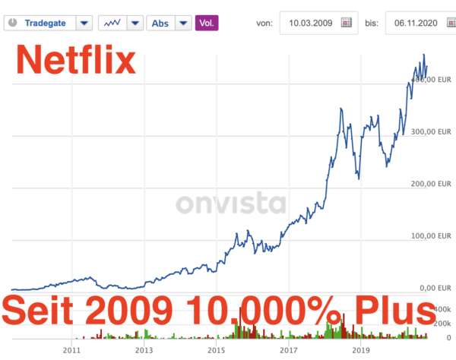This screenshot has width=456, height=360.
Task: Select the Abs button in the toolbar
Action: pyautogui.click(x=161, y=22)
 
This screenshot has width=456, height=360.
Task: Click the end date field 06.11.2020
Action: pyautogui.click(x=414, y=23)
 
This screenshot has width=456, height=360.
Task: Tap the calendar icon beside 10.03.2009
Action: pyautogui.click(x=347, y=23)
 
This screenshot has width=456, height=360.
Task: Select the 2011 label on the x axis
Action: pyautogui.click(x=72, y=351)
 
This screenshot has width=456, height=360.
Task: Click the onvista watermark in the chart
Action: pyautogui.click(x=231, y=204)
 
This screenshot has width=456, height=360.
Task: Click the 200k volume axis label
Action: pyautogui.click(x=442, y=324)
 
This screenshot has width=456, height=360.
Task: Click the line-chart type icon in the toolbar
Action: pyautogui.click(x=112, y=22)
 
